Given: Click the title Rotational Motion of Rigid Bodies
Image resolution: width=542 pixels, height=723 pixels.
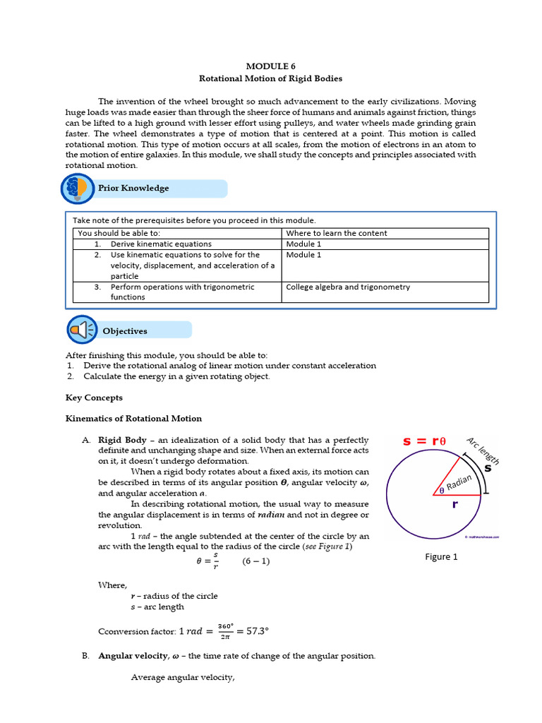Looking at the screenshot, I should coord(271,78).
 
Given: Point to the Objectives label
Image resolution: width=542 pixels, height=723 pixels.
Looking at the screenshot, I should coord(125,330).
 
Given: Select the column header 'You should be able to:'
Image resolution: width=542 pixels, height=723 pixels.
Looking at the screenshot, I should coord(119,233).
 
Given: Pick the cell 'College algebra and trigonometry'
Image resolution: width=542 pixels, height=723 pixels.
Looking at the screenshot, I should coord(348,287).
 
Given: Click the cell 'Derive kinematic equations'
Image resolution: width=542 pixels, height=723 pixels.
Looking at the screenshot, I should coord(151,244).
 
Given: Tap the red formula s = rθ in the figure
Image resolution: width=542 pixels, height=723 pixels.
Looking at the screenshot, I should coord(425,441).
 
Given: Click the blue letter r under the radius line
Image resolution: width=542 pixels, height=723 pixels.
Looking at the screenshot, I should coord(455,505).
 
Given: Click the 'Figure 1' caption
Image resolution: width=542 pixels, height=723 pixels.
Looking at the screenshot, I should coord(441,556).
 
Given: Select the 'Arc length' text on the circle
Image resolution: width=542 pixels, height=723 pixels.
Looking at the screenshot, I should coord(483,451).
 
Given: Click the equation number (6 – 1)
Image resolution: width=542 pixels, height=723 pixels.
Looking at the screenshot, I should coord(255,561).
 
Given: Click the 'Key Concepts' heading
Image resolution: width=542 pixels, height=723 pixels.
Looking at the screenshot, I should coord(94,398).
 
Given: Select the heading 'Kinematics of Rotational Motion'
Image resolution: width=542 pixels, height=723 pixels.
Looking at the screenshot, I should coord(133,419).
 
